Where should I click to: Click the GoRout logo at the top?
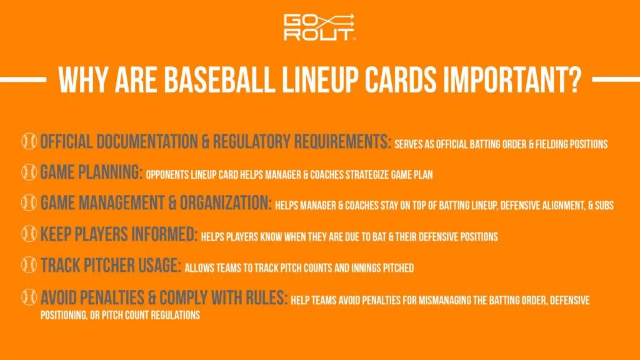(320, 27)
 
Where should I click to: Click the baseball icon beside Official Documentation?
(29, 141)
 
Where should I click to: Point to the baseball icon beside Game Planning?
(29, 172)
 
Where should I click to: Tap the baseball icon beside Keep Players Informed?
(29, 234)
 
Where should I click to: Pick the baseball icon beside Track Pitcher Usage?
(29, 265)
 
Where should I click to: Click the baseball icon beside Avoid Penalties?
(29, 296)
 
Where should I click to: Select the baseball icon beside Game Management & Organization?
(29, 202)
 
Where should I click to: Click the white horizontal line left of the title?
(23, 80)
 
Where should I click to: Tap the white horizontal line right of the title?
(615, 80)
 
